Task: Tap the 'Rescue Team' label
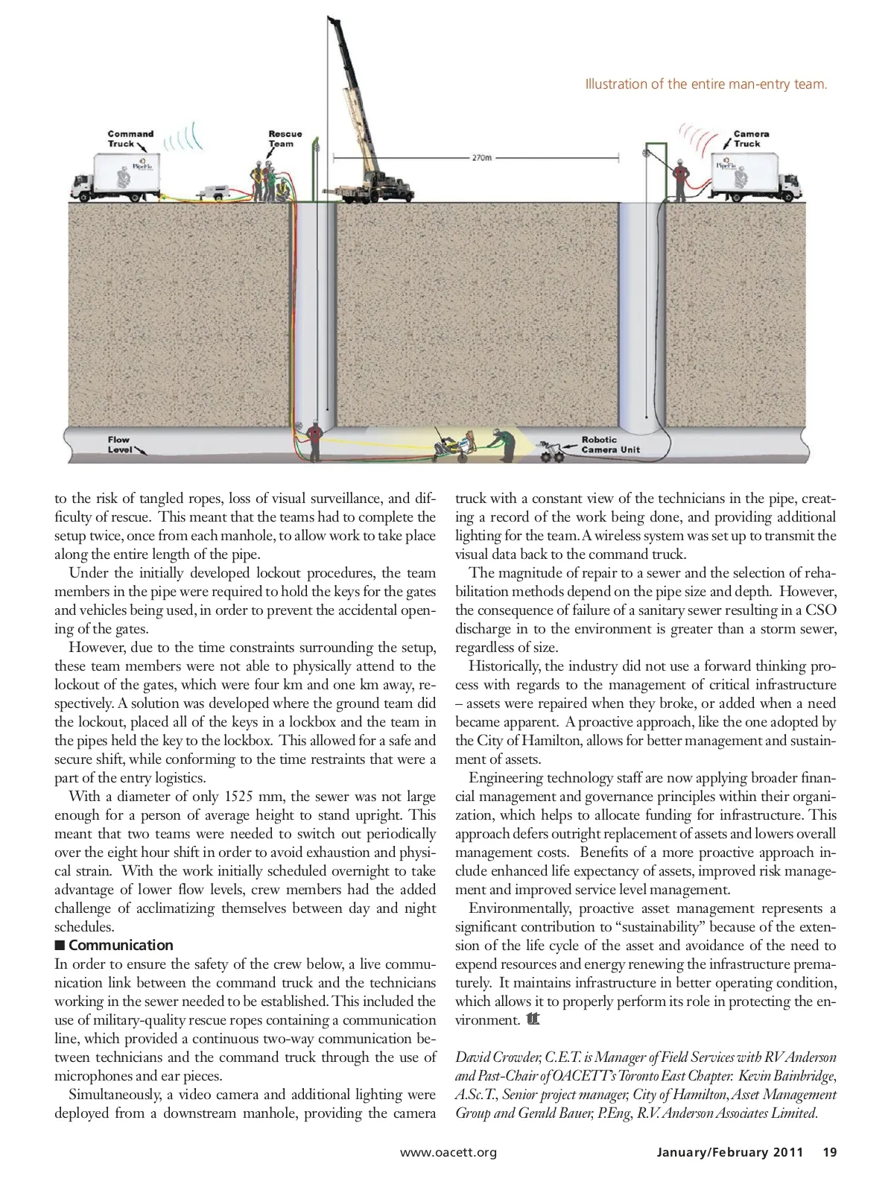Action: (285, 139)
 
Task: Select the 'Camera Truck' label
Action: (750, 139)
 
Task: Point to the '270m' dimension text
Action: (481, 158)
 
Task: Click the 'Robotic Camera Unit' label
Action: (609, 445)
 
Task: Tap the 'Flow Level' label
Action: (119, 445)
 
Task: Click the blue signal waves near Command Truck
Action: (183, 139)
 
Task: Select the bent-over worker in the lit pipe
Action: (504, 444)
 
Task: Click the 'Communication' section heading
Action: (120, 945)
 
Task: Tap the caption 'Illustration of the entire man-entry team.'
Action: (706, 84)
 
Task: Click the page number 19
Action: (829, 1152)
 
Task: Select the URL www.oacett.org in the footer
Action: (448, 1152)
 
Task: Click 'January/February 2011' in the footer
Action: (729, 1152)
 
